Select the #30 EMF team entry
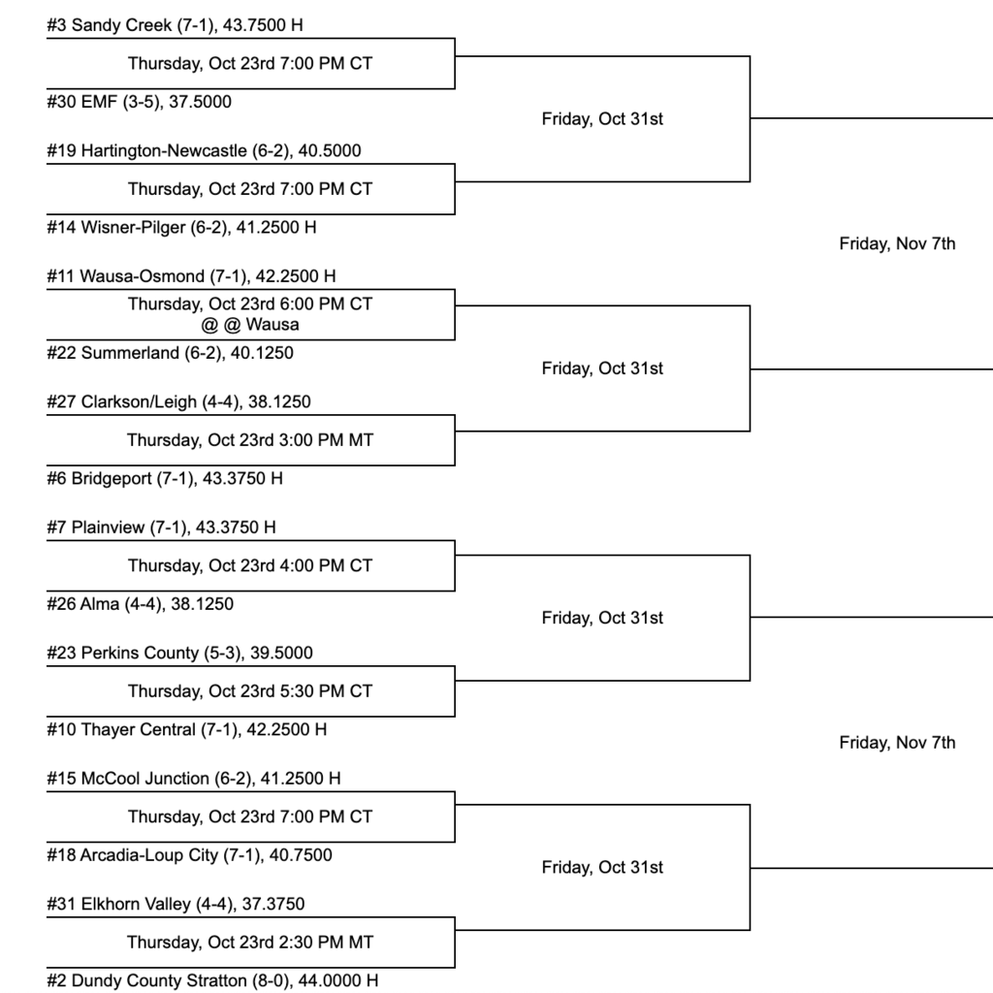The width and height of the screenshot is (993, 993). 139,102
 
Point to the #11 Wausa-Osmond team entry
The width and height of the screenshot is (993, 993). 191,276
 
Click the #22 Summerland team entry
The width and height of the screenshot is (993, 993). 170,353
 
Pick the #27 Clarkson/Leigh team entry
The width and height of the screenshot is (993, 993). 178,401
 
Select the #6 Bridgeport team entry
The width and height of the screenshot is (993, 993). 165,478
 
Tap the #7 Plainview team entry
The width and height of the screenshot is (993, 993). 161,528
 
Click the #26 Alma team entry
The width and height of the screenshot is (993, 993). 140,604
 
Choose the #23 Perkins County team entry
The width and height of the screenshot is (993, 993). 179,653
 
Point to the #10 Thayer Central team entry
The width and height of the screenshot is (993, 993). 186,729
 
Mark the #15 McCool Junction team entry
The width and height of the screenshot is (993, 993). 193,779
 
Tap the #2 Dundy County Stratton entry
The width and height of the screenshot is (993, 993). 212,980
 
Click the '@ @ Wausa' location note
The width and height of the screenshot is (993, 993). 250,325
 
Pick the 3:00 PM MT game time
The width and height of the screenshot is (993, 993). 250,440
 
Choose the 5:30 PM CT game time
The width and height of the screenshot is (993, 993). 250,691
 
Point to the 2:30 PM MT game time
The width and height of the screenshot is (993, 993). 250,943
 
